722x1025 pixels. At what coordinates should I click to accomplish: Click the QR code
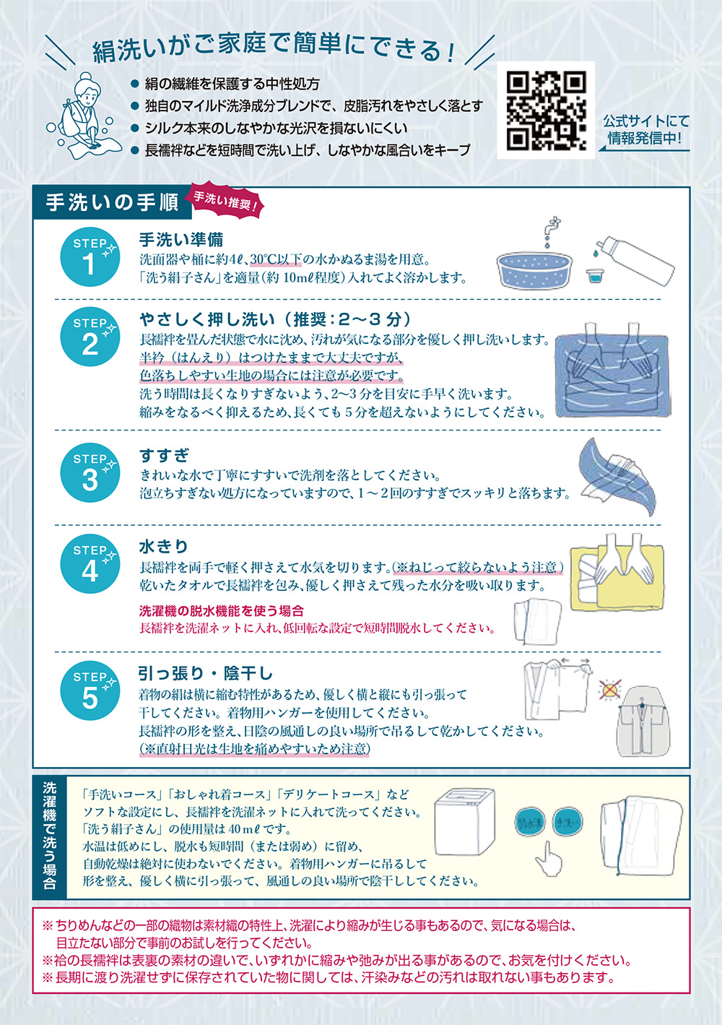click(x=546, y=111)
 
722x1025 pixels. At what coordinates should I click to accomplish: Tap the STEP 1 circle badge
click(x=90, y=256)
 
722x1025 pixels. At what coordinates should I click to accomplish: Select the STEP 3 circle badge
click(x=90, y=472)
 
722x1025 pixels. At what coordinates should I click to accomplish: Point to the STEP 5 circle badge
click(x=90, y=691)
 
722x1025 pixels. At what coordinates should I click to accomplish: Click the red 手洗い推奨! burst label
click(x=224, y=202)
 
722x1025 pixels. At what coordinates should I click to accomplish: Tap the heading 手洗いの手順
click(x=112, y=203)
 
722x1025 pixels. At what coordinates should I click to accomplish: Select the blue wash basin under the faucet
click(x=534, y=270)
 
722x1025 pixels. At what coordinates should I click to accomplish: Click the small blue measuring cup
click(x=594, y=276)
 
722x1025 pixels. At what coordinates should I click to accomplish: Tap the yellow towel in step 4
click(x=617, y=579)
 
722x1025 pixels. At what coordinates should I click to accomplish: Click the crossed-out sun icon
click(x=610, y=689)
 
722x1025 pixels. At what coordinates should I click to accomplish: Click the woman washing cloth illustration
click(x=84, y=116)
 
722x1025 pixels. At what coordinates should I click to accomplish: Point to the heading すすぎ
click(x=164, y=455)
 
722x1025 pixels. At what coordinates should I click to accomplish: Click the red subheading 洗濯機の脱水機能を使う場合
click(x=222, y=610)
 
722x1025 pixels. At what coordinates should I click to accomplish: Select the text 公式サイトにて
click(x=646, y=121)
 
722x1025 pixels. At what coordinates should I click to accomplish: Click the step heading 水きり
click(x=164, y=546)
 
